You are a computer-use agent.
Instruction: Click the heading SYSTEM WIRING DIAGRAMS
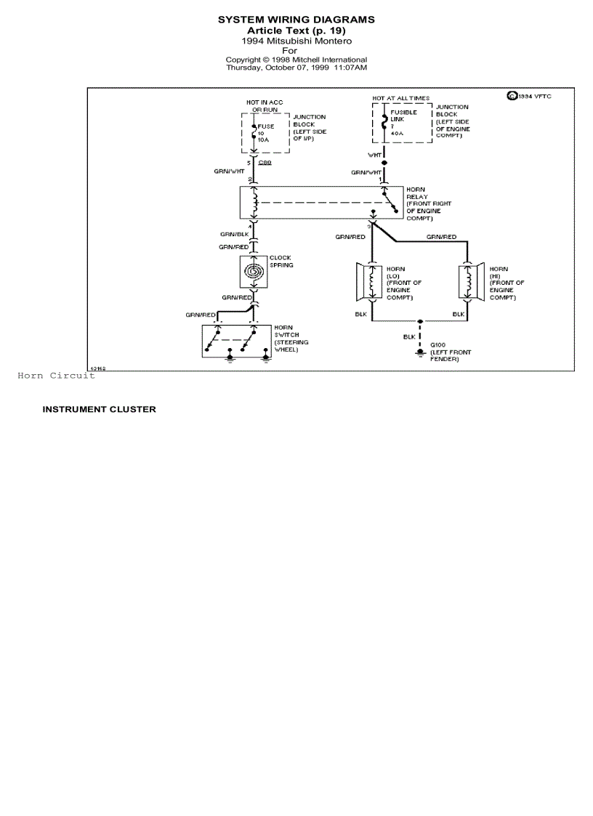[x=296, y=20]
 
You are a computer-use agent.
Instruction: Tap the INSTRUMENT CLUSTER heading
[x=99, y=409]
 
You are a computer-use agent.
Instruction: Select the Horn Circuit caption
[x=56, y=376]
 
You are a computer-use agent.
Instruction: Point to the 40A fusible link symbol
[x=384, y=120]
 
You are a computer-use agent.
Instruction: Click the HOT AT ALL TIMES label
[x=400, y=98]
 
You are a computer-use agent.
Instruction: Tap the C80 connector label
[x=265, y=163]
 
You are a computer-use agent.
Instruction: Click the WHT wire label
[x=374, y=155]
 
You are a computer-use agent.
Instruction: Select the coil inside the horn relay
[x=254, y=203]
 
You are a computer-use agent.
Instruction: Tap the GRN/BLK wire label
[x=235, y=235]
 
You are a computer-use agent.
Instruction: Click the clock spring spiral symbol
[x=254, y=272]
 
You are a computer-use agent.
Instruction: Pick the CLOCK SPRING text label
[x=281, y=262]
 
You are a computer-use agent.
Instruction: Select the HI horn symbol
[x=470, y=281]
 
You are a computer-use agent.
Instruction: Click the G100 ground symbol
[x=420, y=352]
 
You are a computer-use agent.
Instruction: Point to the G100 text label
[x=437, y=345]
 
